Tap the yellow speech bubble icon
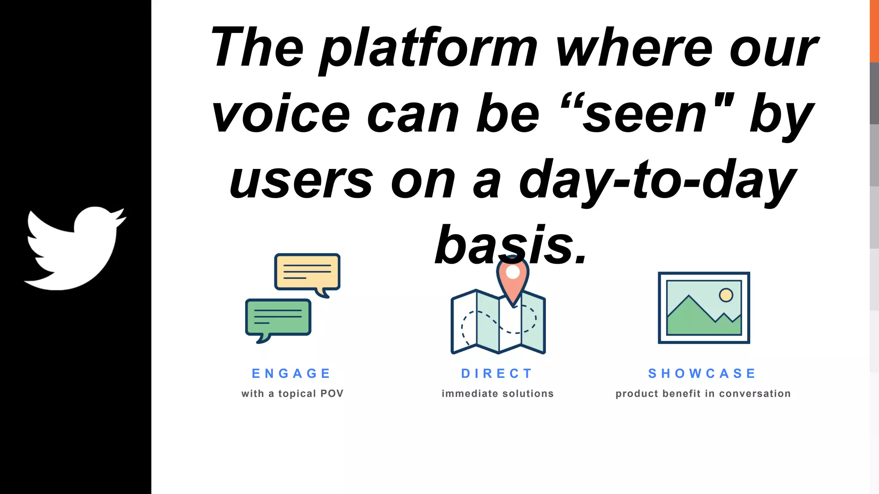tap(307, 272)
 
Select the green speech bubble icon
tap(278, 317)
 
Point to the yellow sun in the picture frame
tap(726, 295)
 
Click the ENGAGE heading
tap(291, 374)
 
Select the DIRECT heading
tap(497, 374)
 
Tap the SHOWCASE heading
tap(702, 374)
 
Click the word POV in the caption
tap(332, 394)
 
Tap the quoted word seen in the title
tap(646, 115)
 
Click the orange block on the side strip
tap(874, 31)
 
